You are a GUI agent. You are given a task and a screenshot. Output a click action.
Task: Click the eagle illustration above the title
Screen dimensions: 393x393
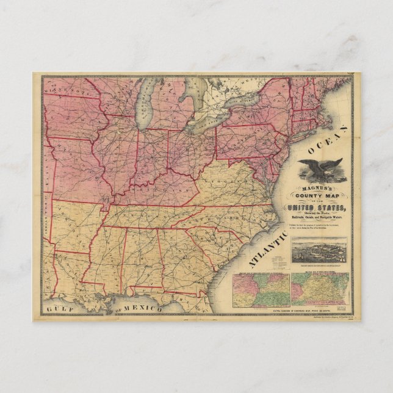pos(321,168)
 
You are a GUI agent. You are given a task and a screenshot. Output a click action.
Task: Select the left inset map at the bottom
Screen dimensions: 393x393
pos(261,290)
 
